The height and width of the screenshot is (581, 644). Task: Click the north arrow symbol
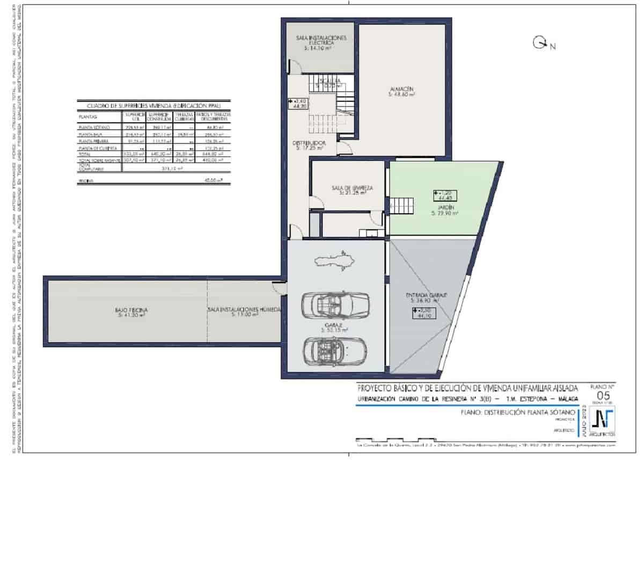click(539, 43)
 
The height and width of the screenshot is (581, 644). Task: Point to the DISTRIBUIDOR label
click(310, 146)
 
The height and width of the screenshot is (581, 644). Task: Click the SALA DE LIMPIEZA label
click(352, 190)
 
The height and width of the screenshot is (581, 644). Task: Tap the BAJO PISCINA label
click(131, 313)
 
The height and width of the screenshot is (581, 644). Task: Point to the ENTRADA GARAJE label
click(427, 298)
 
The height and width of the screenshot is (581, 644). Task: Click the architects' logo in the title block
click(602, 420)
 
